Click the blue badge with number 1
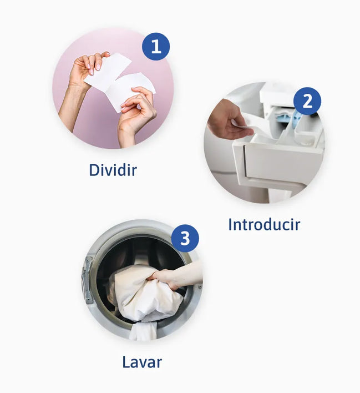156,47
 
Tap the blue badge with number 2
307,101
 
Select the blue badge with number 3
185,238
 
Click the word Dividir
113,170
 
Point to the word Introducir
264,224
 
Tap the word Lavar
142,362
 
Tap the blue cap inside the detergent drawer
296,116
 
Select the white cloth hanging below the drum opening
143,331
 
